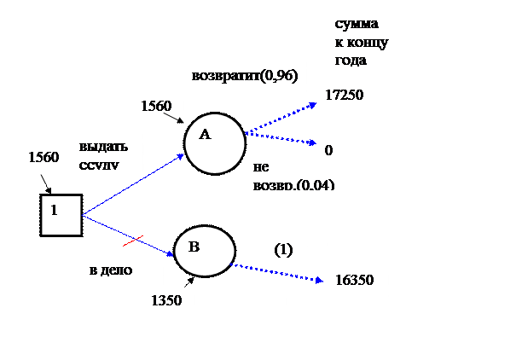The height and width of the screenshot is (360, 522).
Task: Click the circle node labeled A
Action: pyautogui.click(x=214, y=142)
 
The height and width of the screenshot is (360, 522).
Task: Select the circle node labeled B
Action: pyautogui.click(x=204, y=251)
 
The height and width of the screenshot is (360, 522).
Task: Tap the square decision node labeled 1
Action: pyautogui.click(x=61, y=214)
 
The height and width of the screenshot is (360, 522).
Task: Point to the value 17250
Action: pyautogui.click(x=345, y=96)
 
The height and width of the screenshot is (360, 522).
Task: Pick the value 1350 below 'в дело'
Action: pyautogui.click(x=167, y=301)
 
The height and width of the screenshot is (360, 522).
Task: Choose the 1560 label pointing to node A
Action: pyautogui.click(x=158, y=107)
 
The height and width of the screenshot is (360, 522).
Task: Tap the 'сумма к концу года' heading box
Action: pyautogui.click(x=368, y=41)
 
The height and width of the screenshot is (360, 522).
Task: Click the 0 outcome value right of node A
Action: pyautogui.click(x=329, y=150)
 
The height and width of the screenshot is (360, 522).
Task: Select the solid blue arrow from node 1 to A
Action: pyautogui.click(x=132, y=184)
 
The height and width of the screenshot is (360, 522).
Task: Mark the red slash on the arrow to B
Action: pyautogui.click(x=132, y=241)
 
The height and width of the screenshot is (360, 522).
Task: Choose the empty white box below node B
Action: pyautogui.click(x=245, y=328)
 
